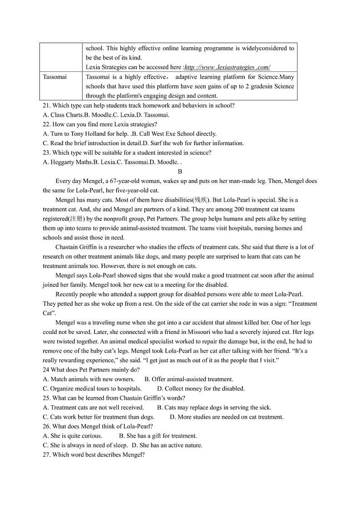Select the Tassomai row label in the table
point(54,77)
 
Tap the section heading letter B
point(180,171)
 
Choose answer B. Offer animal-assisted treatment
point(189,379)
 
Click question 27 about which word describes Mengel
point(93,455)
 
